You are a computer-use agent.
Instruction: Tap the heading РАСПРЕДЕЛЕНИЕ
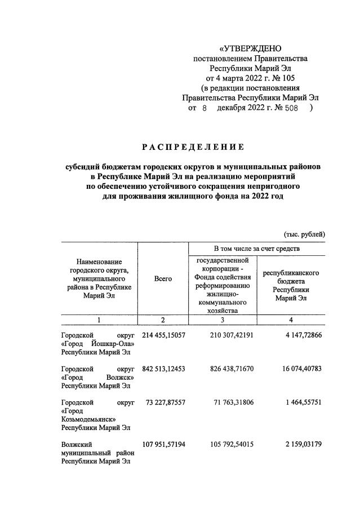pyautogui.click(x=193, y=148)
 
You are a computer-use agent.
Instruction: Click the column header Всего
pyautogui.click(x=163, y=279)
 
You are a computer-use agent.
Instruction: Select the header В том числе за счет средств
pyautogui.click(x=256, y=249)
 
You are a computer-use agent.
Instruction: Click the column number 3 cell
pyautogui.click(x=223, y=320)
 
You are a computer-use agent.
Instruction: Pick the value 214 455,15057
pyautogui.click(x=163, y=335)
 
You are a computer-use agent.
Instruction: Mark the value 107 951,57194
pyautogui.click(x=163, y=445)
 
